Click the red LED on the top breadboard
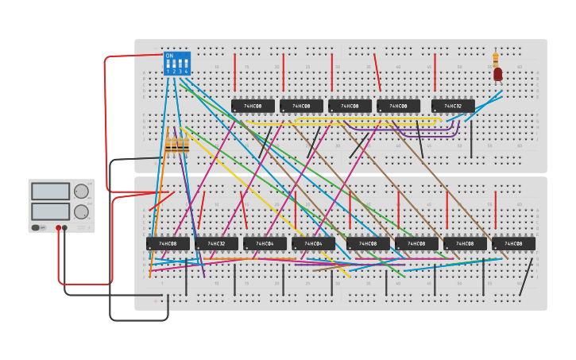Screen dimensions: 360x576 [x=498, y=74]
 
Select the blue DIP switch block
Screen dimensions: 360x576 [x=176, y=64]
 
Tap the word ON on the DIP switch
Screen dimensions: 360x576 [x=169, y=56]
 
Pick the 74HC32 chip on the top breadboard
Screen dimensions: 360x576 [x=453, y=106]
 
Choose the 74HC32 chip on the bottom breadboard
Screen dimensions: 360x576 [x=216, y=243]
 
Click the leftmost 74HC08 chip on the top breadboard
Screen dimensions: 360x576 [x=253, y=106]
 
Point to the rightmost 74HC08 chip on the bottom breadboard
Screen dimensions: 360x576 [x=513, y=243]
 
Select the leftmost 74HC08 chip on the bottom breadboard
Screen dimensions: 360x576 [x=168, y=243]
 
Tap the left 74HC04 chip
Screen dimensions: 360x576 [x=265, y=243]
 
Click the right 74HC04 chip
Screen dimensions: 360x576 [x=313, y=243]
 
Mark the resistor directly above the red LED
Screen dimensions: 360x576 [x=496, y=59]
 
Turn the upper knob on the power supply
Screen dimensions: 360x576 [x=81, y=191]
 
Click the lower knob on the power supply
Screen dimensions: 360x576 [x=81, y=212]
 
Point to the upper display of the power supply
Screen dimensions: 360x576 [x=50, y=192]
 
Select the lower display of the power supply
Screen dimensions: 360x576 [x=50, y=211]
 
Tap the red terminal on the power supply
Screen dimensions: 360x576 [x=58, y=228]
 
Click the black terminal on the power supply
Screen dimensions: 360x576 [x=65, y=228]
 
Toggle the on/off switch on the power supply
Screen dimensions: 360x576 [x=36, y=228]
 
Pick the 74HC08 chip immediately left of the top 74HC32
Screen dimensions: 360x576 [x=398, y=106]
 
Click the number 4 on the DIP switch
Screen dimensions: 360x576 [x=187, y=71]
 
